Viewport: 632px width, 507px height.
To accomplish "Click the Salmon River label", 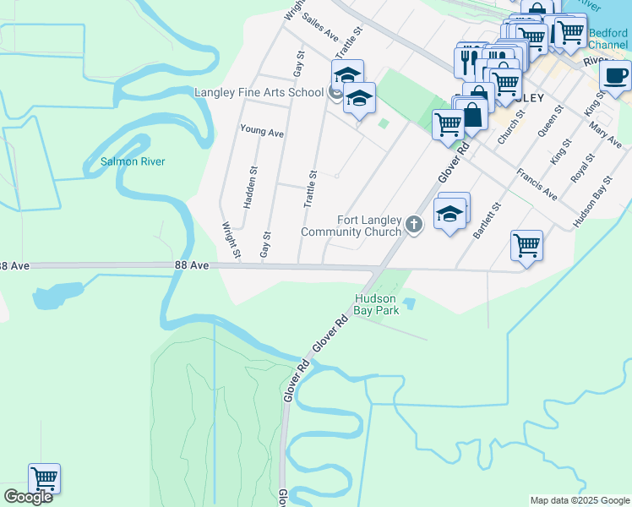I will tap(133, 161).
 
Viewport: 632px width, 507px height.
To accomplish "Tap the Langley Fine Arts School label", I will tap(258, 93).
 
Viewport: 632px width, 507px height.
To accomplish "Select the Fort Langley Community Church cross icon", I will tap(413, 224).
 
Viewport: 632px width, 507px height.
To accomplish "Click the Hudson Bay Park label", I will tap(376, 304).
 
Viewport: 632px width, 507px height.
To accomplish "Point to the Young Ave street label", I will tap(262, 131).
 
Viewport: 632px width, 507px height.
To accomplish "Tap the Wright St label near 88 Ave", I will tap(231, 239).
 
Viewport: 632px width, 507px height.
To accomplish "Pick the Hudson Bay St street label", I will tap(591, 203).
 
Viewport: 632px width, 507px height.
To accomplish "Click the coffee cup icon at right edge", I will tap(615, 76).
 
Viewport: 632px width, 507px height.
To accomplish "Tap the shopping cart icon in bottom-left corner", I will tap(44, 479).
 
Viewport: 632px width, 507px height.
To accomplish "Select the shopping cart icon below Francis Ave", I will tap(526, 246).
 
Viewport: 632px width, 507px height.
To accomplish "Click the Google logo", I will tap(29, 497).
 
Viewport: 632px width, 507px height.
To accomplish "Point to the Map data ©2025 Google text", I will tap(580, 500).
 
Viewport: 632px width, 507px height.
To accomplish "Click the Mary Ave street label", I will tap(606, 134).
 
